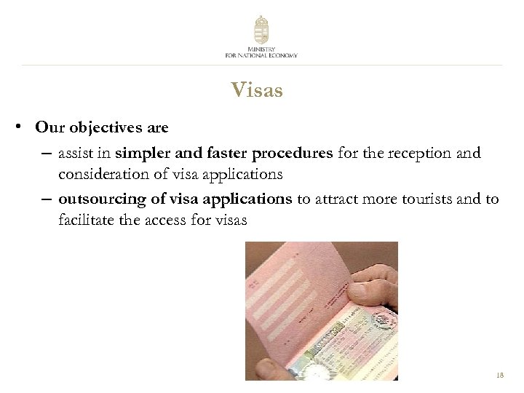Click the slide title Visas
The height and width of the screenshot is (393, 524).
256,90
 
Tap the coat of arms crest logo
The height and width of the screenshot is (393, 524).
261,30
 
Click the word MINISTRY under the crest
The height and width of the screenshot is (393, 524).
261,49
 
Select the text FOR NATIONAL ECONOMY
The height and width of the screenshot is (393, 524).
261,55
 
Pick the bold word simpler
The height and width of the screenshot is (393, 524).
143,154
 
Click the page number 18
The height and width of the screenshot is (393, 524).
499,376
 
